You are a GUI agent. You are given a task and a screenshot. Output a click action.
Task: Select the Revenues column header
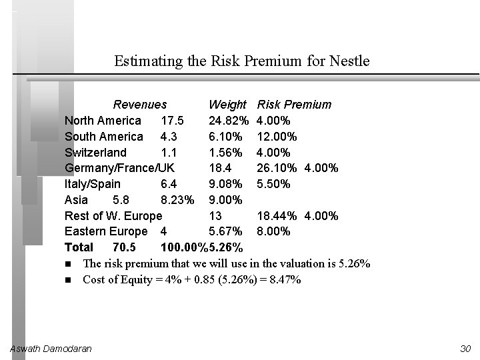click(140, 105)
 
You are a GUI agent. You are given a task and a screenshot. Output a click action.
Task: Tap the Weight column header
click(227, 105)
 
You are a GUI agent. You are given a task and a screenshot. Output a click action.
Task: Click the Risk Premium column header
click(294, 105)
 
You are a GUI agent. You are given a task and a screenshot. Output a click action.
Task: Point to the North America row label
click(103, 121)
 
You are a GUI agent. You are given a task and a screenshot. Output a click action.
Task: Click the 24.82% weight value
click(229, 121)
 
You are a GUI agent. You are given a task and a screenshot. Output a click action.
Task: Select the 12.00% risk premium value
click(277, 137)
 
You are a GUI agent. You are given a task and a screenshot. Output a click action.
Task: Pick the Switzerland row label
click(95, 153)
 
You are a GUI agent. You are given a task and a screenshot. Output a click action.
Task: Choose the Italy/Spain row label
click(93, 184)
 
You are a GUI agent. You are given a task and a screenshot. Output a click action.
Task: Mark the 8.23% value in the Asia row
click(177, 200)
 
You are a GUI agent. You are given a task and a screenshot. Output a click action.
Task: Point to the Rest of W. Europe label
click(113, 216)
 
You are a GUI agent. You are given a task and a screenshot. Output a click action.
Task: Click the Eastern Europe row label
click(106, 232)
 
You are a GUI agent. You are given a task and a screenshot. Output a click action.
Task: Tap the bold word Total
click(79, 248)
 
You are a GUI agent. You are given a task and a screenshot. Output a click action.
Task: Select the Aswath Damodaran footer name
click(51, 349)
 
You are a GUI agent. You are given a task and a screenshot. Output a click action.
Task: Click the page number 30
click(465, 349)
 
